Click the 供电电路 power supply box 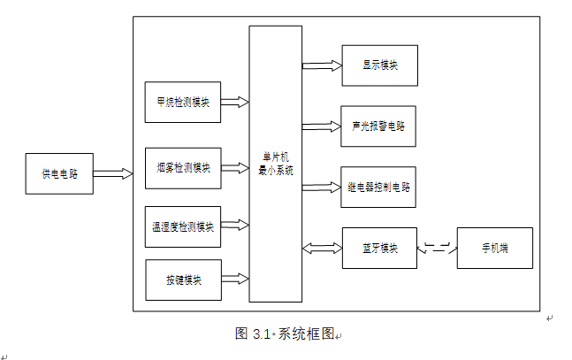click(x=59, y=174)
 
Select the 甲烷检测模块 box click(x=182, y=102)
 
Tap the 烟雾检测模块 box click(x=182, y=168)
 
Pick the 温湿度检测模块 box click(x=182, y=226)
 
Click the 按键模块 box click(x=182, y=280)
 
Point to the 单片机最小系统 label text click(x=276, y=164)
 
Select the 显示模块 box click(x=379, y=65)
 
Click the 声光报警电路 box click(x=379, y=126)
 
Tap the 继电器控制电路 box click(x=379, y=187)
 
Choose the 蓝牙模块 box click(x=379, y=248)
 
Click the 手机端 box click(x=495, y=248)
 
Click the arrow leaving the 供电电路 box click(x=113, y=174)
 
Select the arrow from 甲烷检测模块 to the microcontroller click(x=234, y=102)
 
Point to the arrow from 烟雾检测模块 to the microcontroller click(x=234, y=167)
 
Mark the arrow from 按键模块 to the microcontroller click(x=234, y=279)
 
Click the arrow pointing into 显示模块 click(x=322, y=65)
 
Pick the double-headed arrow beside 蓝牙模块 click(x=322, y=248)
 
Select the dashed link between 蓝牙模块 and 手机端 click(x=437, y=248)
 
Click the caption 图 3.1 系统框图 click(x=286, y=334)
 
